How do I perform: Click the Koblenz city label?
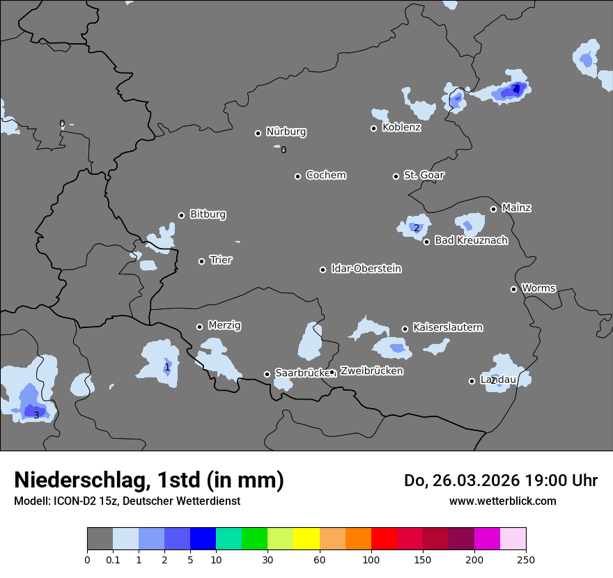401,127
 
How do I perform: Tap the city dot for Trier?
202,261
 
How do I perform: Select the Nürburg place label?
286,132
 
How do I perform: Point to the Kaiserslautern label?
447,327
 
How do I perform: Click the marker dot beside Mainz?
493,209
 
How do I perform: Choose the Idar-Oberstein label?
366,269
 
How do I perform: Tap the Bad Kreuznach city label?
471,240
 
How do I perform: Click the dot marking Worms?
513,289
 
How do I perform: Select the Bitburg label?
208,214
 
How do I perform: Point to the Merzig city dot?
199,327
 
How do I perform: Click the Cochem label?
325,175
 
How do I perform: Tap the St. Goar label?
424,175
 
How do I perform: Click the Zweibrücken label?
371,371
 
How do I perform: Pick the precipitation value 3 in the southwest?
36,415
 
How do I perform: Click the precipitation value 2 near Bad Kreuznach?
417,228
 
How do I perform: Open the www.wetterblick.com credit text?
502,501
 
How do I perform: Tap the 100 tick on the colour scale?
371,559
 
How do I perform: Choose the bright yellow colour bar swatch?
306,539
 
